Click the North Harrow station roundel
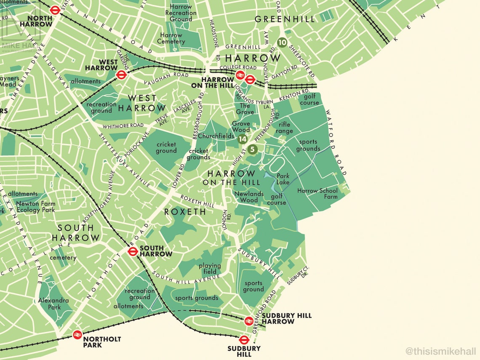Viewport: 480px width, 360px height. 55,11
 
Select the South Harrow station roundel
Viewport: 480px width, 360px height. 133,251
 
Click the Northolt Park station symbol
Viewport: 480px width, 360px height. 77,335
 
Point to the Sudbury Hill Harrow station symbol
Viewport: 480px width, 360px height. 249,321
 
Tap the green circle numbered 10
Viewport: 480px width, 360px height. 282,42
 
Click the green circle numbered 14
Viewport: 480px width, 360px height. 242,139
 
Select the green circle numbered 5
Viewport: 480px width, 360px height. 252,149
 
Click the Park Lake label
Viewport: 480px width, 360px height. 283,179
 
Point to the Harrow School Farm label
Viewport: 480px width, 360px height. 317,194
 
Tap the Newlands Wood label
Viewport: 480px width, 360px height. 249,197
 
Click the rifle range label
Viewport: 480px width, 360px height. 284,128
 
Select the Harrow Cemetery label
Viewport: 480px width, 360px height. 171,38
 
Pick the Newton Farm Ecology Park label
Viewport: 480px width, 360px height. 35,207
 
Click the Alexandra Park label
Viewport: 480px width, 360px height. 53,304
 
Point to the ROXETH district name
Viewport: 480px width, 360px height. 185,212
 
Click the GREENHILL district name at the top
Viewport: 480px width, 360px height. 285,19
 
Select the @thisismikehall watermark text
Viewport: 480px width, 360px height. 441,351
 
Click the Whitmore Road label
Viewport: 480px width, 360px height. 122,125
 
